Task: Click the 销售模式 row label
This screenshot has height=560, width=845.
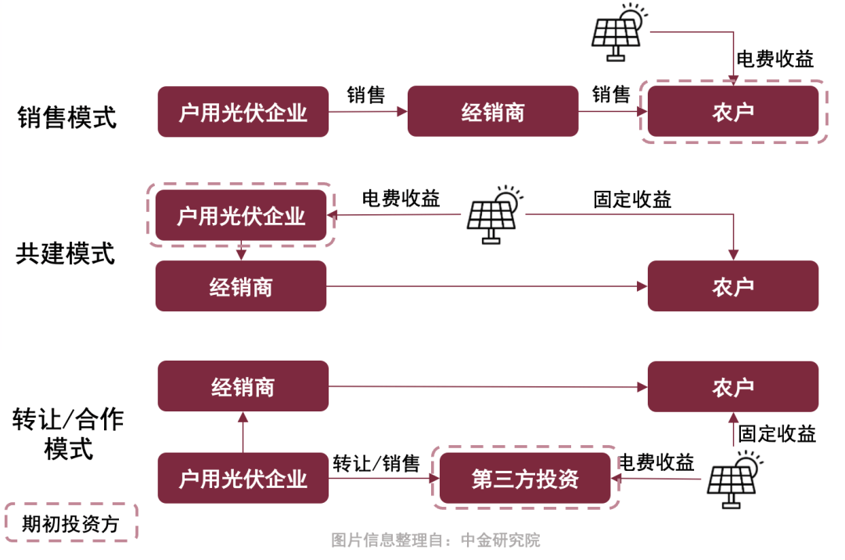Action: pyautogui.click(x=67, y=117)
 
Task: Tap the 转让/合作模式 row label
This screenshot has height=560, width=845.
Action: pyautogui.click(x=68, y=434)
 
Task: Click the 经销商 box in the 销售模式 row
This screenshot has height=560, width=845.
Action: pyautogui.click(x=492, y=112)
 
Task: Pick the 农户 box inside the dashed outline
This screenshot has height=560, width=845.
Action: pyautogui.click(x=733, y=112)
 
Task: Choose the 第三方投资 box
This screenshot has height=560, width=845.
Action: pyautogui.click(x=525, y=478)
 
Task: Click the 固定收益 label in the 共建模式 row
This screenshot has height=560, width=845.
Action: pyautogui.click(x=632, y=199)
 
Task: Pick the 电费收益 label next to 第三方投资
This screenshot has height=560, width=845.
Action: pyautogui.click(x=656, y=461)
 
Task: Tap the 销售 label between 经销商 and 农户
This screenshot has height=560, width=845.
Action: pyautogui.click(x=611, y=95)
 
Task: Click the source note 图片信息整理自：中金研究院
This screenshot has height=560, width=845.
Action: pyautogui.click(x=436, y=540)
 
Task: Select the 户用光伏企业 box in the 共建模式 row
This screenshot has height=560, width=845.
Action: pyautogui.click(x=241, y=215)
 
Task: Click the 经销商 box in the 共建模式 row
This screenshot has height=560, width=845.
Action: pyautogui.click(x=241, y=286)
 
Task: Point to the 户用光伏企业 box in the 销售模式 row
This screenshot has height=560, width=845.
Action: pyautogui.click(x=243, y=112)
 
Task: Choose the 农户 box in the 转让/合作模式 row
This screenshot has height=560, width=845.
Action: pyautogui.click(x=733, y=386)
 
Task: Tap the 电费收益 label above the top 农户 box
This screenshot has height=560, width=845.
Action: pyautogui.click(x=775, y=59)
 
